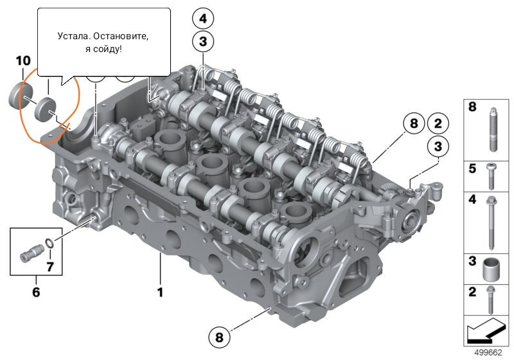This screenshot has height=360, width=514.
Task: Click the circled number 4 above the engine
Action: pyautogui.click(x=203, y=19)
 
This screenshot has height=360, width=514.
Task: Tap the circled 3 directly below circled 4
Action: pyautogui.click(x=203, y=42)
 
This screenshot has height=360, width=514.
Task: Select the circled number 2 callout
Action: pyautogui.click(x=438, y=123)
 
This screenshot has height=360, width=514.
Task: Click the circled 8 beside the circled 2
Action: pyautogui.click(x=414, y=123)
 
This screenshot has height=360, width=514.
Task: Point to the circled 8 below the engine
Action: pyautogui.click(x=219, y=337)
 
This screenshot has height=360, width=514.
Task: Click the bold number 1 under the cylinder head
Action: pyautogui.click(x=160, y=292)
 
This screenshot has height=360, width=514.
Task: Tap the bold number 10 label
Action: pyautogui.click(x=23, y=60)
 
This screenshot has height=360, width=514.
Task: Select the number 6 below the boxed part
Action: pyautogui.click(x=36, y=292)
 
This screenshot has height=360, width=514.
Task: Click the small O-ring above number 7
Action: pyautogui.click(x=49, y=243)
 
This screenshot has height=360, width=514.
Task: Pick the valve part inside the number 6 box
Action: pyautogui.click(x=31, y=253)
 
